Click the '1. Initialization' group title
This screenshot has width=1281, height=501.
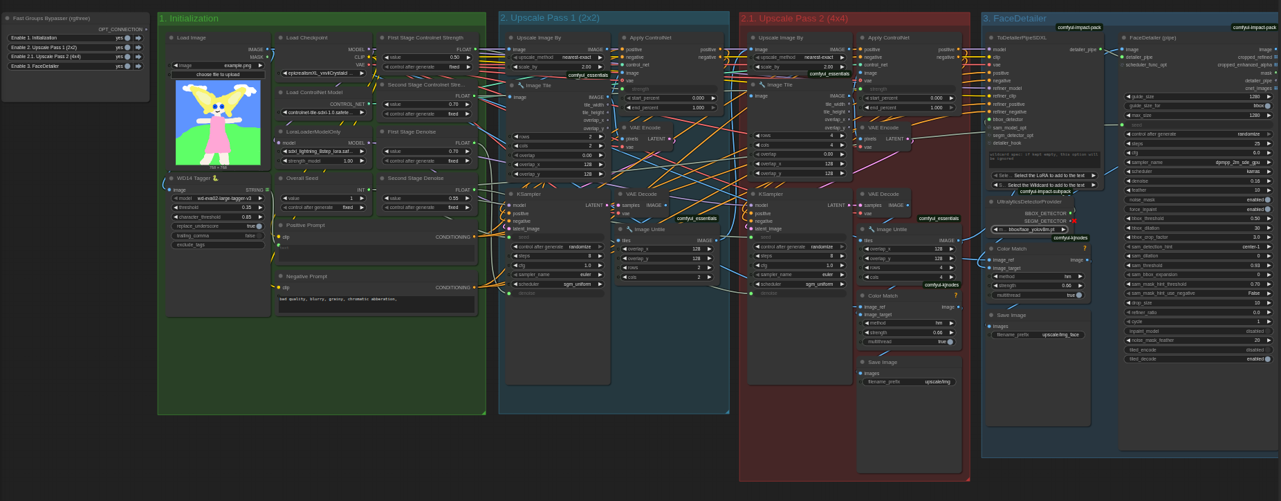click(189, 19)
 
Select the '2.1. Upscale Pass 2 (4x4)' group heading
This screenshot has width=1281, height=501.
click(794, 19)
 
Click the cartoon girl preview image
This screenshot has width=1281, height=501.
click(218, 122)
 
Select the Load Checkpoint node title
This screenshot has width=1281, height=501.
click(306, 38)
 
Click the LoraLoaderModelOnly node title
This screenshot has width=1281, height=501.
click(313, 131)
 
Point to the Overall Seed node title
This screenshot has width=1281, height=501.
click(302, 179)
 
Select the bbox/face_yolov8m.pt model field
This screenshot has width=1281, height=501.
click(1030, 230)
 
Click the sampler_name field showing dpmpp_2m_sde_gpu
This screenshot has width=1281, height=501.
click(1199, 163)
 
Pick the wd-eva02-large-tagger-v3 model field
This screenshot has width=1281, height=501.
click(218, 199)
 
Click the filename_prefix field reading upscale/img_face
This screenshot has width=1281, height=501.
click(1037, 335)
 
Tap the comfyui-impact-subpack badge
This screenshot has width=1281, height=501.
click(1045, 192)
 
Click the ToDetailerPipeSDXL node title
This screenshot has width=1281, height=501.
click(1021, 38)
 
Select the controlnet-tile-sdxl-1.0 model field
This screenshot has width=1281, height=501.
click(323, 113)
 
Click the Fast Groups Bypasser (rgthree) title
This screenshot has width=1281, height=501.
click(50, 19)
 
